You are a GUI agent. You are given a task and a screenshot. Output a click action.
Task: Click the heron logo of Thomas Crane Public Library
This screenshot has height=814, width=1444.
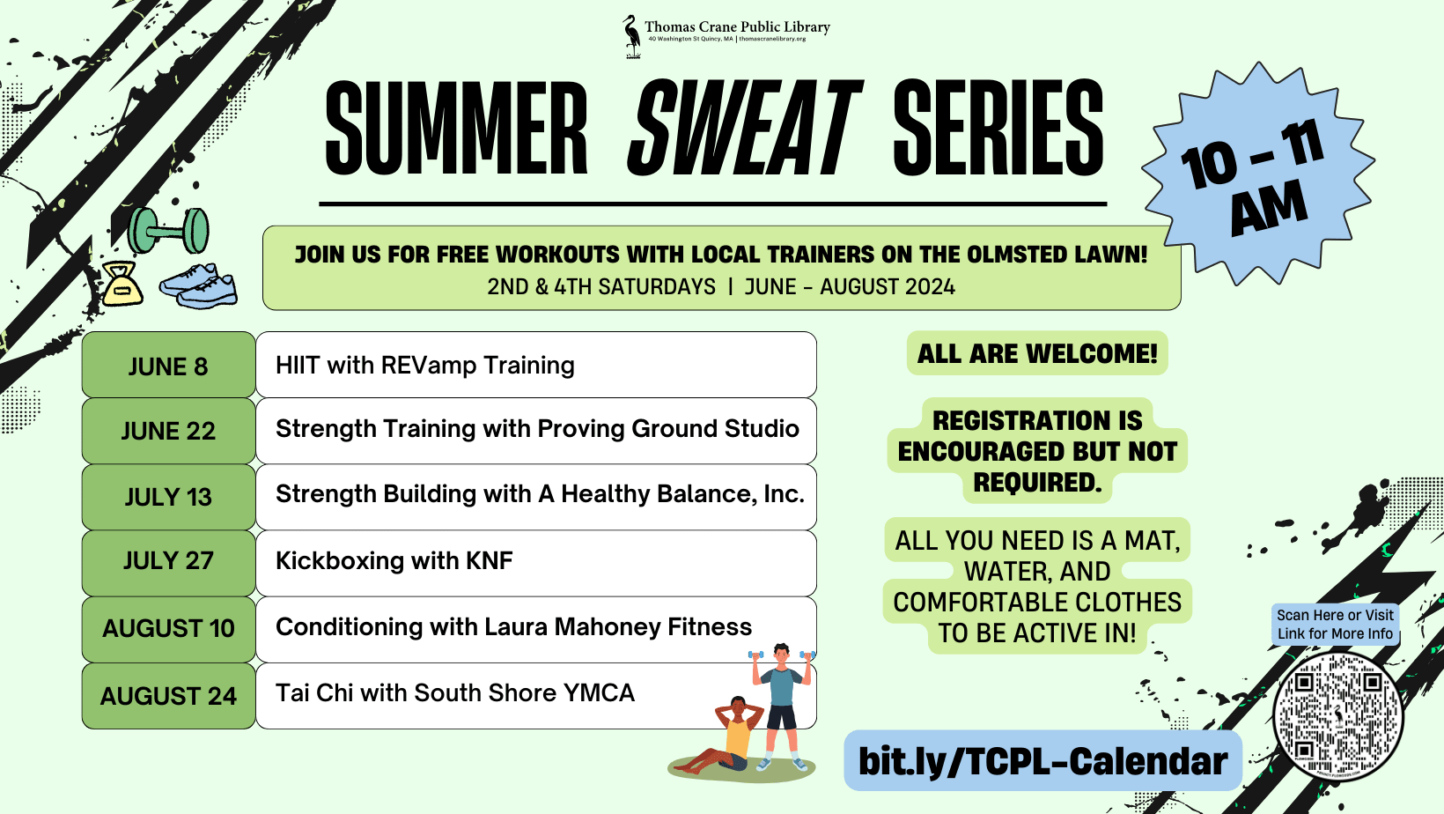point(632,37)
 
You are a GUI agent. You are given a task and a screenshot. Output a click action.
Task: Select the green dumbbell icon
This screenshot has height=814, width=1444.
point(168,230)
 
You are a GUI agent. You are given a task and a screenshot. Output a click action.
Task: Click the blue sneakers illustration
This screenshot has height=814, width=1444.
point(199,285)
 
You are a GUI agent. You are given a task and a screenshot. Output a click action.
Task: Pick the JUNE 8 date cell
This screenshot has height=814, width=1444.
point(168,365)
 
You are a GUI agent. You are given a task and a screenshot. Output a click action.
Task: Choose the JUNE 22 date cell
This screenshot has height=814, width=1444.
point(168,430)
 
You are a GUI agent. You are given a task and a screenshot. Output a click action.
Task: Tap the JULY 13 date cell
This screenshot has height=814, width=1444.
point(168,497)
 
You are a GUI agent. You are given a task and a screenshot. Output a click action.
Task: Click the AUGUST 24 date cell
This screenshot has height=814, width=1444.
point(168,696)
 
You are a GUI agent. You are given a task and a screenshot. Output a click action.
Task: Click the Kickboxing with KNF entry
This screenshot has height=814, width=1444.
point(394,560)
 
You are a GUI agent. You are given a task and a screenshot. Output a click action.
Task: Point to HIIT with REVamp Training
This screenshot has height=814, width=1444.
point(424,365)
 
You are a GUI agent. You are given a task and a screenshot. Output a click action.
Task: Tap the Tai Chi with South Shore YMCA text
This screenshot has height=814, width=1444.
point(455,692)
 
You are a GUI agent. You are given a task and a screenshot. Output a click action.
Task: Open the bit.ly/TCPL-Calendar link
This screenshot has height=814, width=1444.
point(1043,761)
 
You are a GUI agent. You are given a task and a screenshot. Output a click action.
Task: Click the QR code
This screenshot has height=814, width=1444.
point(1337,717)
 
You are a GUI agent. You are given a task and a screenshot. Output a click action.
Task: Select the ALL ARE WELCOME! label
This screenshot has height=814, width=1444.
point(1037,353)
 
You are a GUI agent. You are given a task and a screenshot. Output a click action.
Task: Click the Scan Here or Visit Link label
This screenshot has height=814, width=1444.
point(1335,625)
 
